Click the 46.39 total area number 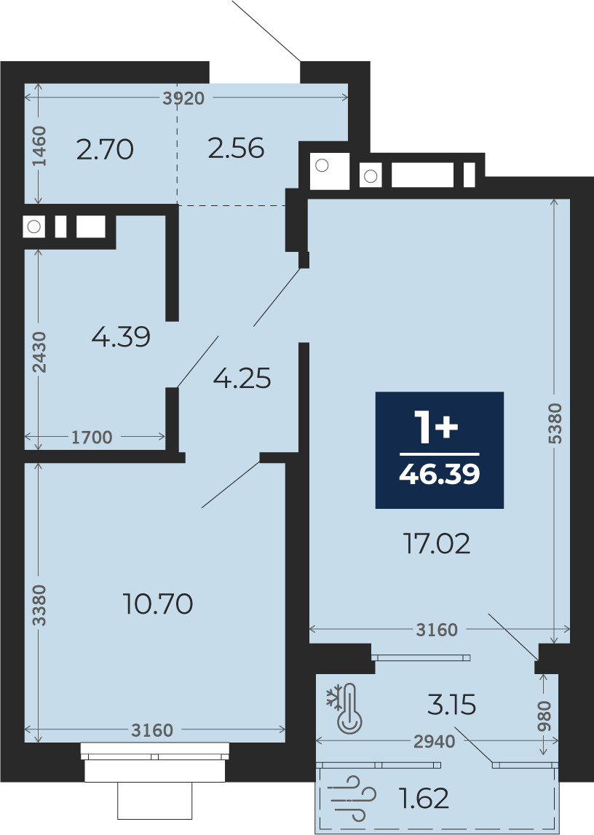439,473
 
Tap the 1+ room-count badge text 437,428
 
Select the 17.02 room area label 437,544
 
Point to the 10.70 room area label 157,604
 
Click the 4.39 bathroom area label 121,336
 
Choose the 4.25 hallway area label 242,378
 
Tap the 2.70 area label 105,149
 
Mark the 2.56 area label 236,148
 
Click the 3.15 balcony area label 452,705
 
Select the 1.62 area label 424,799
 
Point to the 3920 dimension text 183,98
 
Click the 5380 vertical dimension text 555,424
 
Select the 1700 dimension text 92,438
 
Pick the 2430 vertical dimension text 39,352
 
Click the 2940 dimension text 435,741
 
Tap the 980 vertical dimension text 544,716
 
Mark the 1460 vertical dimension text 39,146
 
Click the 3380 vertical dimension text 39,605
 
